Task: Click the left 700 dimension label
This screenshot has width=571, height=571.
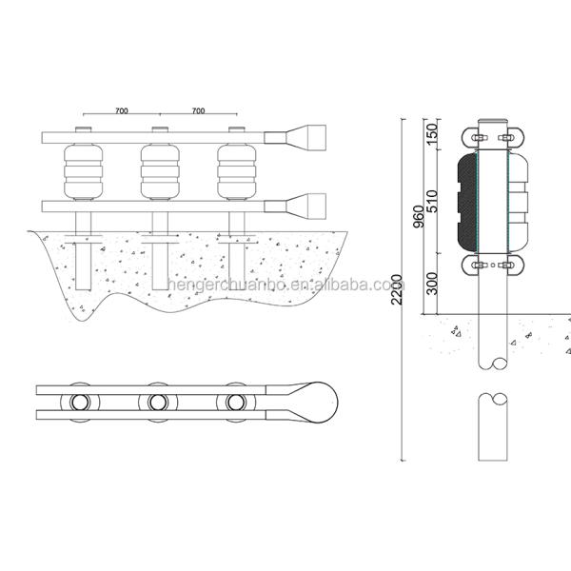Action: click(x=122, y=111)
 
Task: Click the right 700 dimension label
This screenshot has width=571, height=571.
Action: click(x=198, y=111)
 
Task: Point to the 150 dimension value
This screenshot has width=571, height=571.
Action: click(x=433, y=134)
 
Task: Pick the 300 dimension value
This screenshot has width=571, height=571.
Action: click(x=433, y=282)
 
